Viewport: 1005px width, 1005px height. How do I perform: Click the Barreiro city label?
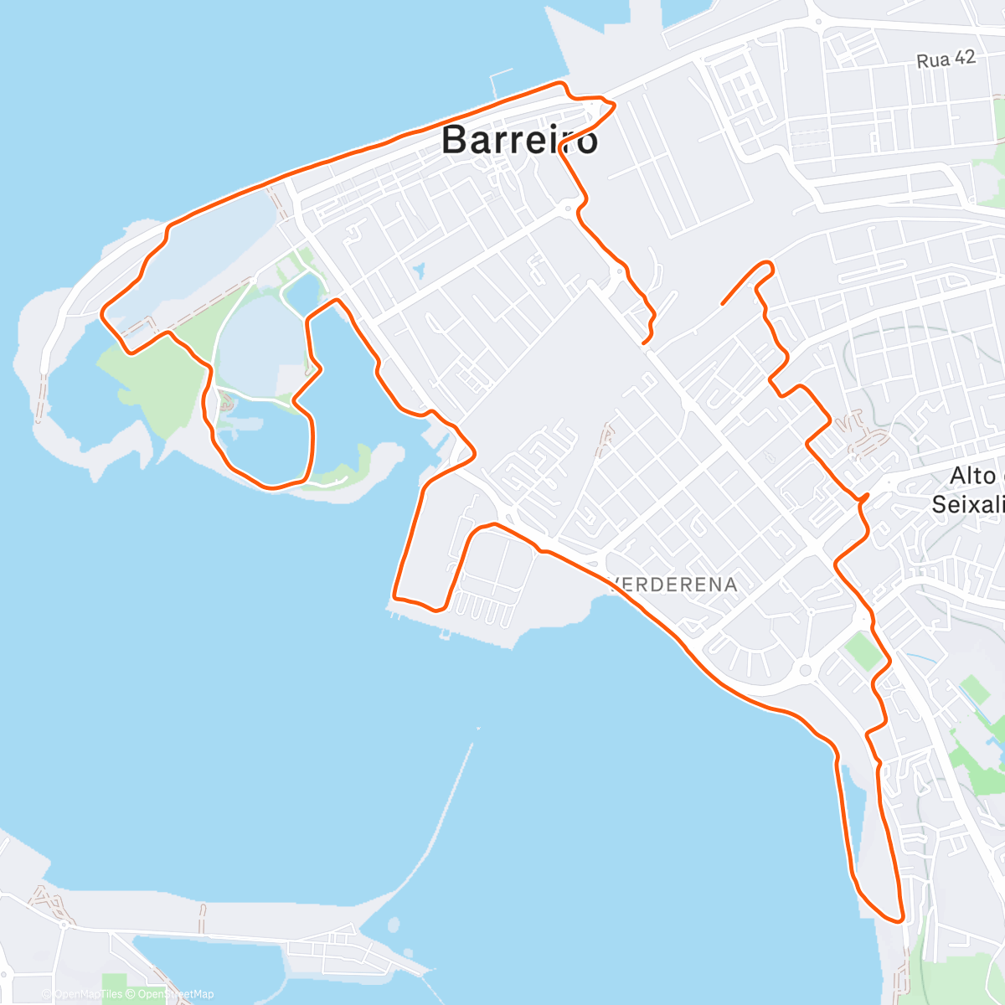519,140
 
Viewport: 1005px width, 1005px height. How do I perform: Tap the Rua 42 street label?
946,59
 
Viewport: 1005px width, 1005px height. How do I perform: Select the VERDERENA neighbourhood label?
675,585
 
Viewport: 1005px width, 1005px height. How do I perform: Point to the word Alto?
972,476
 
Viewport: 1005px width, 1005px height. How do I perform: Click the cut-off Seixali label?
967,504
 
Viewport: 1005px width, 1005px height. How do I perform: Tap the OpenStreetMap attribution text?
175,994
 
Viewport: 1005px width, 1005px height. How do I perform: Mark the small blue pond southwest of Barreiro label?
418,271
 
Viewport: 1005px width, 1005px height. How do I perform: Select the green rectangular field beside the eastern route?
863,651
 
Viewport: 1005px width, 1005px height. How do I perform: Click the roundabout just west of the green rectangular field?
806,669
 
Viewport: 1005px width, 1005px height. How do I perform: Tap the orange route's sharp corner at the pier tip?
394,598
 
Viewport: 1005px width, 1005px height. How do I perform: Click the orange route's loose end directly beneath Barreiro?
643,343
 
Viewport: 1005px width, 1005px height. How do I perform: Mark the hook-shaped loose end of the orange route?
766,265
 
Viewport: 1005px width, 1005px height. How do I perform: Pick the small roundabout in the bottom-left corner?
64,925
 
